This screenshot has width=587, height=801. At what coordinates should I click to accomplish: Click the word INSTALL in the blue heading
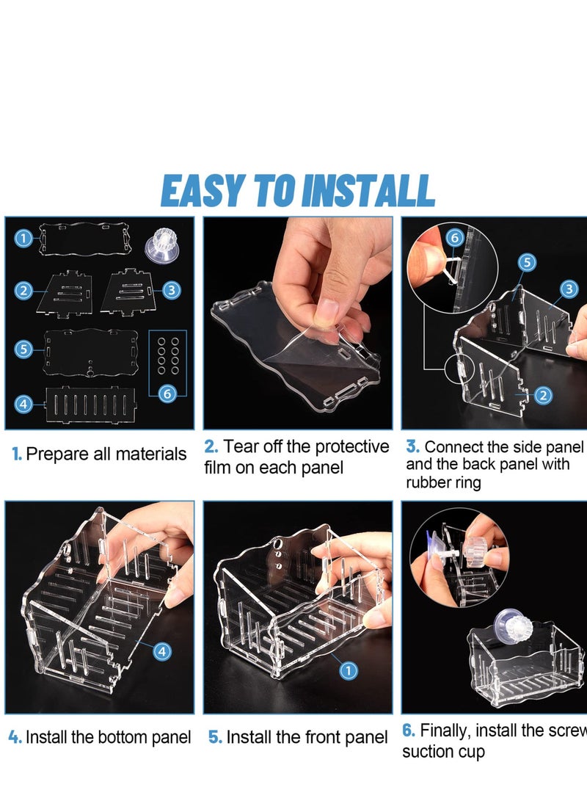[x=368, y=190]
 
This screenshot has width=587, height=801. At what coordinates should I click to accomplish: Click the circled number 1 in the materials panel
[x=23, y=238]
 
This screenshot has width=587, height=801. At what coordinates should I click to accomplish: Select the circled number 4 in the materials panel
[x=23, y=404]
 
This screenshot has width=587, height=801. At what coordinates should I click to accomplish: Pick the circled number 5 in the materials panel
[x=23, y=349]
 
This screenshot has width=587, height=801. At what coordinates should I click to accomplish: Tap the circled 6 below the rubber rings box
[x=167, y=394]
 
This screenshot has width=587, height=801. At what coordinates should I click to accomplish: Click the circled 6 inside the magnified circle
[x=455, y=238]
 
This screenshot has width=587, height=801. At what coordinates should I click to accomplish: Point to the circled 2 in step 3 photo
[x=543, y=395]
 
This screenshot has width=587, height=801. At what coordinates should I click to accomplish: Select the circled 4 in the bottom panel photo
[x=162, y=651]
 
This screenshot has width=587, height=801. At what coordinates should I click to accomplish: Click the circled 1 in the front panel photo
[x=349, y=670]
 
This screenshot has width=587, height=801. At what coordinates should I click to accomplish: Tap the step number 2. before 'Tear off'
[x=211, y=446]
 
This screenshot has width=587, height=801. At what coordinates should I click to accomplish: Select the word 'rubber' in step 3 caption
[x=428, y=482]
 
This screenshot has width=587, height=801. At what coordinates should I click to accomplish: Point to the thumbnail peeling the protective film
[x=298, y=322]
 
